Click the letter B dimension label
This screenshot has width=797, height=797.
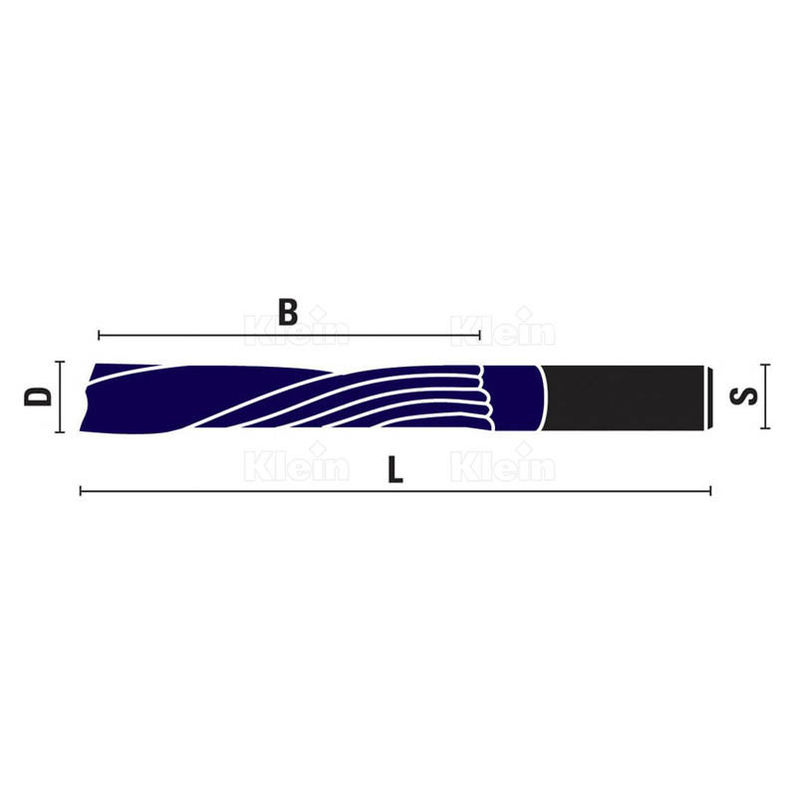coord(288,313)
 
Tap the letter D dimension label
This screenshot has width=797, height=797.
coord(38,397)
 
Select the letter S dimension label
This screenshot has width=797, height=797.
coord(743,397)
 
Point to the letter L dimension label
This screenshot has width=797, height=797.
coord(396,469)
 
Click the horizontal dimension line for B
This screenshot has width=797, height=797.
coord(289,335)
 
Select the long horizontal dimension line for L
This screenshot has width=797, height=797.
coord(396,491)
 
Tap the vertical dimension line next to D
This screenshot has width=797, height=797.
coord(60,397)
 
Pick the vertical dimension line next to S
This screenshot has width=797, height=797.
coord(764,397)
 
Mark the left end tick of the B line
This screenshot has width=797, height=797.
coord(99,335)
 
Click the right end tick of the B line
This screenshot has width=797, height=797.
coord(480,335)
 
